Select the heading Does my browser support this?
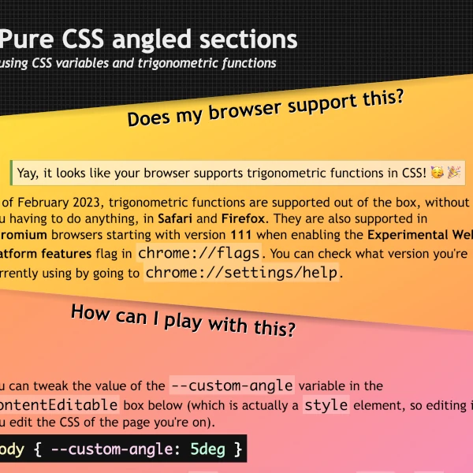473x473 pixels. (x=266, y=108)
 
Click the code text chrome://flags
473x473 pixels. (x=200, y=254)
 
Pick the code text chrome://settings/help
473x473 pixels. (x=245, y=273)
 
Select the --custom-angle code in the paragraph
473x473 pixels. (x=232, y=385)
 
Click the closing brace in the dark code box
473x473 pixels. (x=236, y=449)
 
